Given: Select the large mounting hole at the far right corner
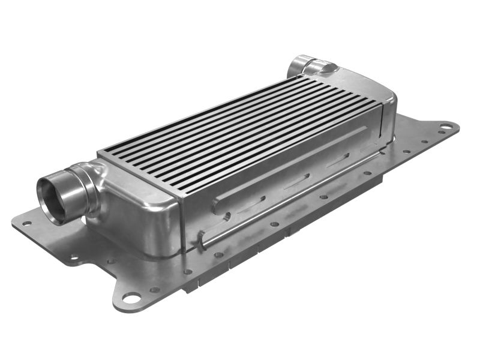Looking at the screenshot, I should point(446,127).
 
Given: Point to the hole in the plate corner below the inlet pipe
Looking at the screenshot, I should point(26,223).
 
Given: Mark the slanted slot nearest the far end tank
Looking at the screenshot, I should point(339,160).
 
